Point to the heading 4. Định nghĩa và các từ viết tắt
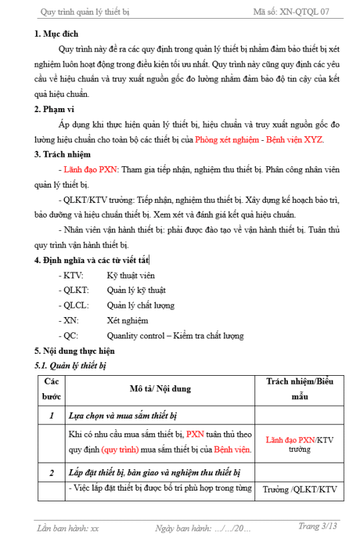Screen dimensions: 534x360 (92, 260)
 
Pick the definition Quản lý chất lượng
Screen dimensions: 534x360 (140, 305)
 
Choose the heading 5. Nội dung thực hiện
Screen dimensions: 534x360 (75, 350)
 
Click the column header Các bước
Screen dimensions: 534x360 (51, 388)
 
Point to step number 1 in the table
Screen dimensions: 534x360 (51, 415)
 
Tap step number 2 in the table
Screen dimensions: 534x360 (51, 473)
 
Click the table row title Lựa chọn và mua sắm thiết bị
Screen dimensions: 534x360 (122, 415)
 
